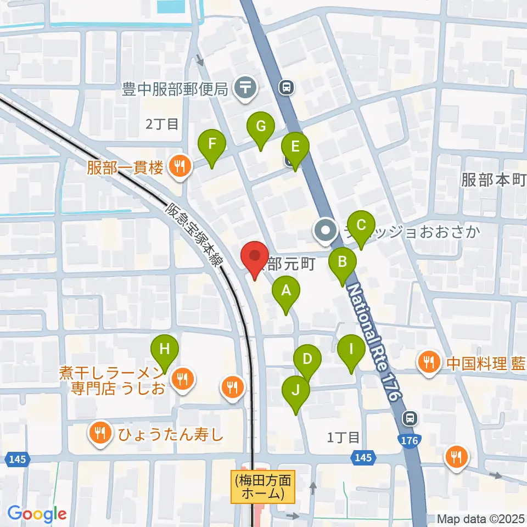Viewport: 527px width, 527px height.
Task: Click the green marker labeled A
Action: [285, 291]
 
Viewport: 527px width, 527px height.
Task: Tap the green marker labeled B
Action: [342, 262]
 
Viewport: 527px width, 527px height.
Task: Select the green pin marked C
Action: [361, 226]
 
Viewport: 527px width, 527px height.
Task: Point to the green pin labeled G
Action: [261, 127]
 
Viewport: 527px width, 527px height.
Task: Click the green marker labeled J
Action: [296, 391]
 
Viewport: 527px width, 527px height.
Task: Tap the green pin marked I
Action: [351, 350]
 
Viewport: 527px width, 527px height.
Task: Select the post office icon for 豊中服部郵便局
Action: [245, 87]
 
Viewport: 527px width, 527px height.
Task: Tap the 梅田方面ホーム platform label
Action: [264, 486]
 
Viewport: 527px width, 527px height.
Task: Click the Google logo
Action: [37, 514]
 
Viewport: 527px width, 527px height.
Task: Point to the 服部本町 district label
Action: [494, 180]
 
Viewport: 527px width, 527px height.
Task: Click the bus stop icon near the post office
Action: [287, 86]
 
